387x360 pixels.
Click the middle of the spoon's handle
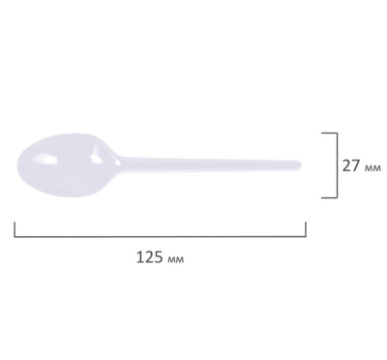pos(211,165)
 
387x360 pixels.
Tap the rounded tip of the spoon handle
pos(299,165)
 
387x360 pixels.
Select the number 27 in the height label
pos(350,166)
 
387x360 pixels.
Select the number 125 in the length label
pos(150,257)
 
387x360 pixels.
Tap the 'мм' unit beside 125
pos(175,259)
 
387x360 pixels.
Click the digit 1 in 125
pos(140,257)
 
